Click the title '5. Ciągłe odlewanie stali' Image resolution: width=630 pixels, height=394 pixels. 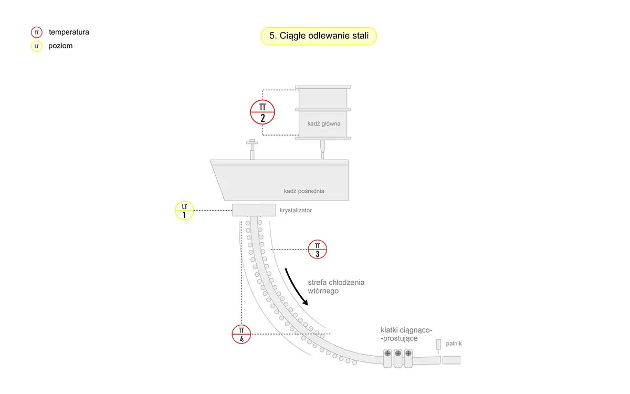pos(319,36)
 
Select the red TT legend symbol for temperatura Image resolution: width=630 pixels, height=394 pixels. pos(37,33)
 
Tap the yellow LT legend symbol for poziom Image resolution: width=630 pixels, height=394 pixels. pos(37,46)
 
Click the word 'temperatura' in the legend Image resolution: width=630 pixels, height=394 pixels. pos(69,32)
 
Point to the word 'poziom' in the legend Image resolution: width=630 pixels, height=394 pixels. pos(60,46)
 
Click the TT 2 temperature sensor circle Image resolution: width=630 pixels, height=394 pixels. pos(262,112)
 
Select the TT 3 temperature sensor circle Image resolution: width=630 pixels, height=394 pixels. pos(317,250)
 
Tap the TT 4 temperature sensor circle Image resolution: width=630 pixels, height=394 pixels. pos(241,334)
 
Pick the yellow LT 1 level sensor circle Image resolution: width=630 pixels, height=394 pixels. pos(184,211)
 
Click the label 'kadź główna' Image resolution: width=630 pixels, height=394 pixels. pos(324,123)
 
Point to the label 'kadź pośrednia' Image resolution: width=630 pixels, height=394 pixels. pos(304,191)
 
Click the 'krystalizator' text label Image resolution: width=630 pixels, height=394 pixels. pos(296,210)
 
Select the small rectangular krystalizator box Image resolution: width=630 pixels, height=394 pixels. pos(254,210)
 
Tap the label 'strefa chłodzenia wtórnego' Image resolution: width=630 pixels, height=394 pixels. pos(336,286)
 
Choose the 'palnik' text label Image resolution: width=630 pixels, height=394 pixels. pos(454,344)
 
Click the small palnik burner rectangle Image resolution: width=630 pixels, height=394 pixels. pos(438,344)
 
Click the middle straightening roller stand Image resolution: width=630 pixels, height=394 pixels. pos(398,358)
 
